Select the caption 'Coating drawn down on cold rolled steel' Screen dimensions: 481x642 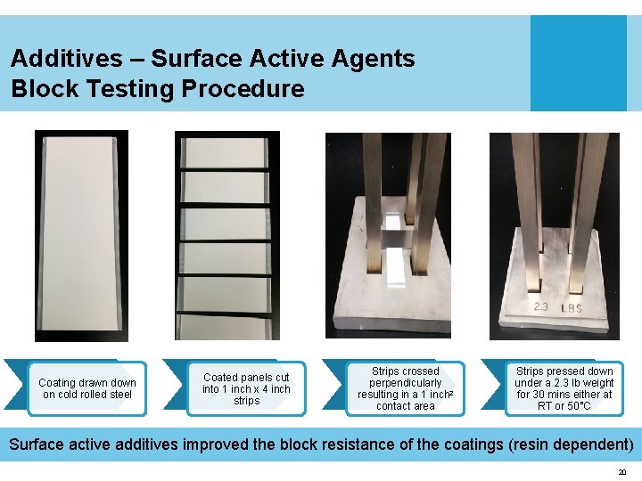pyautogui.click(x=87, y=388)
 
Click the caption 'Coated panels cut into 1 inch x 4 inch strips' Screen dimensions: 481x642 pyautogui.click(x=246, y=389)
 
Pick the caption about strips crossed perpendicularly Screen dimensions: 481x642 pyautogui.click(x=405, y=388)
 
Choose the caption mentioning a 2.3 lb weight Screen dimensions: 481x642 pyautogui.click(x=564, y=388)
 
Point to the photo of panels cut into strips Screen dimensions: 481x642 pyautogui.click(x=226, y=236)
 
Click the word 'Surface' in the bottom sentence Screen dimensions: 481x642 pyautogui.click(x=39, y=444)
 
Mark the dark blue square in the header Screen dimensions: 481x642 pyautogui.click(x=578, y=63)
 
